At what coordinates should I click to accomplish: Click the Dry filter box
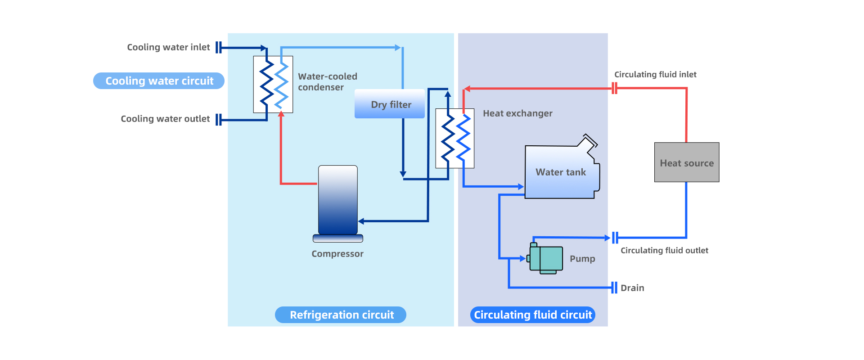click(x=390, y=104)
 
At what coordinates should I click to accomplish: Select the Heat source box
click(x=687, y=162)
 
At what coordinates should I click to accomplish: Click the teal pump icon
click(x=546, y=258)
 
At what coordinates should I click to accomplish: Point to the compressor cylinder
click(x=338, y=200)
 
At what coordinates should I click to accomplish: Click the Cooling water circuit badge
click(x=159, y=81)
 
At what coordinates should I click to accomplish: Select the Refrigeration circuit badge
click(x=341, y=315)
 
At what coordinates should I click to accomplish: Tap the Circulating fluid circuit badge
click(x=533, y=315)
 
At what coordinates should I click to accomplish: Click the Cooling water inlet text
click(x=168, y=47)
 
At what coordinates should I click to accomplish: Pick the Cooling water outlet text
click(x=165, y=119)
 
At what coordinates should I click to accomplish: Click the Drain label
click(x=632, y=288)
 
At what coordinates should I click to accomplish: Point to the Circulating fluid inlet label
click(x=655, y=75)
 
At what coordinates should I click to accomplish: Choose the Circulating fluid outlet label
click(x=664, y=251)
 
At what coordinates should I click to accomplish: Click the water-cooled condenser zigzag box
click(x=273, y=84)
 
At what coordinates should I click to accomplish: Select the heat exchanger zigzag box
click(x=455, y=138)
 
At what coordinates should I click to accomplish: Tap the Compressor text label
click(x=337, y=254)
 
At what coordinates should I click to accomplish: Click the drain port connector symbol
click(x=614, y=288)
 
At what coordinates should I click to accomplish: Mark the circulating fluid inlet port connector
click(x=615, y=88)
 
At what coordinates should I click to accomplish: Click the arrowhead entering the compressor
click(x=361, y=221)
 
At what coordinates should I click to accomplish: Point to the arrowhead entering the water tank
click(x=521, y=186)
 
